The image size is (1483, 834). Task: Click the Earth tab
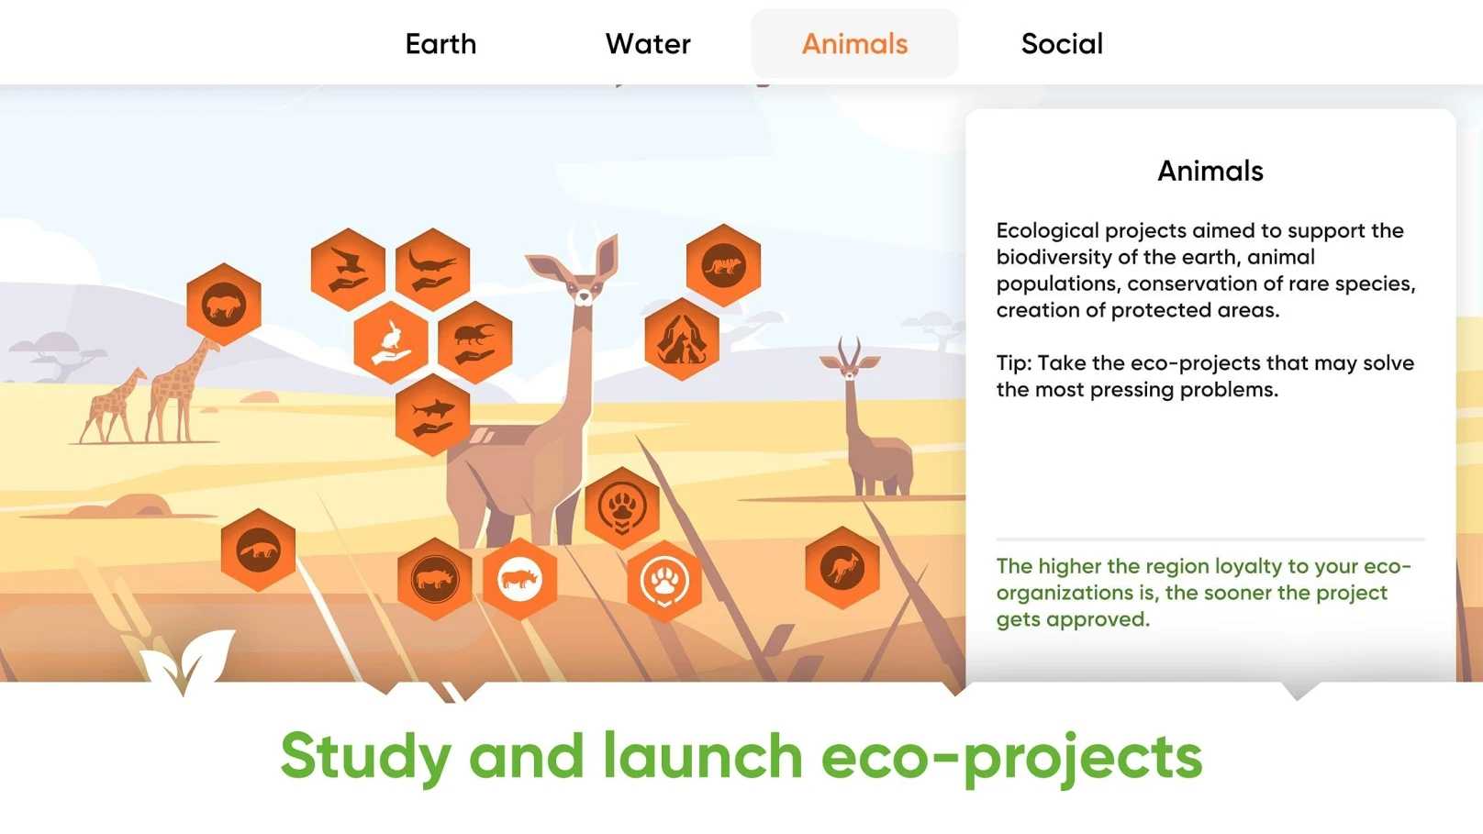coord(440,44)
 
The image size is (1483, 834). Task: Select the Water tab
coord(648,44)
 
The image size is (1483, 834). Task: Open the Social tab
coord(1062,44)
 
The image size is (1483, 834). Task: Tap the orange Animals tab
coord(854,44)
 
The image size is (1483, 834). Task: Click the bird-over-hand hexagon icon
coord(348,270)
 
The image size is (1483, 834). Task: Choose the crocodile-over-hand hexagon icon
coord(433,270)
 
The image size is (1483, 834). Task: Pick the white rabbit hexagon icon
coord(391,342)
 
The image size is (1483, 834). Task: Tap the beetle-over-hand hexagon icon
coord(474,342)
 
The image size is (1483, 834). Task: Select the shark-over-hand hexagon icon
coord(433,415)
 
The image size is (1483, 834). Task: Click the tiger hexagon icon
coord(723,265)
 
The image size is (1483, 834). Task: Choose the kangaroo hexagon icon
coord(842,568)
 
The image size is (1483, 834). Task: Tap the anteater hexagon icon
coord(258,550)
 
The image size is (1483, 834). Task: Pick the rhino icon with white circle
coord(519,580)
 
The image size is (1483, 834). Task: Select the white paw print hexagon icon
coord(664,582)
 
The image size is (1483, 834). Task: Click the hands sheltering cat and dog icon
coord(682,339)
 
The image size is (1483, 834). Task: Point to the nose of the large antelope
coord(584,297)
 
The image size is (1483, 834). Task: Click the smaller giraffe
coord(113,406)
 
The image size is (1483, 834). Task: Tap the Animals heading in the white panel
coord(1210,171)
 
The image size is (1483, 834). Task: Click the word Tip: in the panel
coord(1014,363)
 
